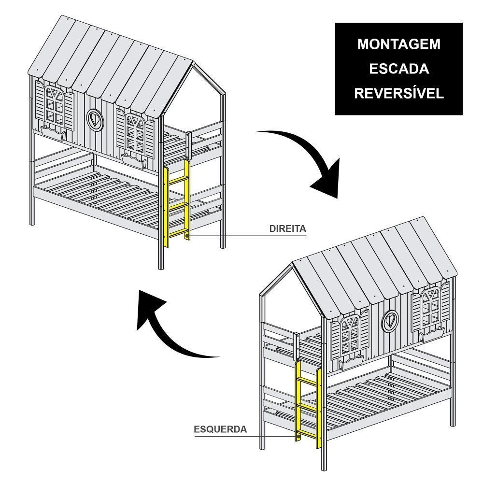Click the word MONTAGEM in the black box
pos(398,44)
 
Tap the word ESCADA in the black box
pos(398,69)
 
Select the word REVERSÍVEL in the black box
pos(398,94)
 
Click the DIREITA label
pos(288,228)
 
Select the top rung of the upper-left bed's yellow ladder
pos(177,180)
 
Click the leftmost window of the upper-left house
pos(54,106)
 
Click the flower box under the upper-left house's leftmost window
pos(53,132)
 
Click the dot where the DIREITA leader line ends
pos(187,236)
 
